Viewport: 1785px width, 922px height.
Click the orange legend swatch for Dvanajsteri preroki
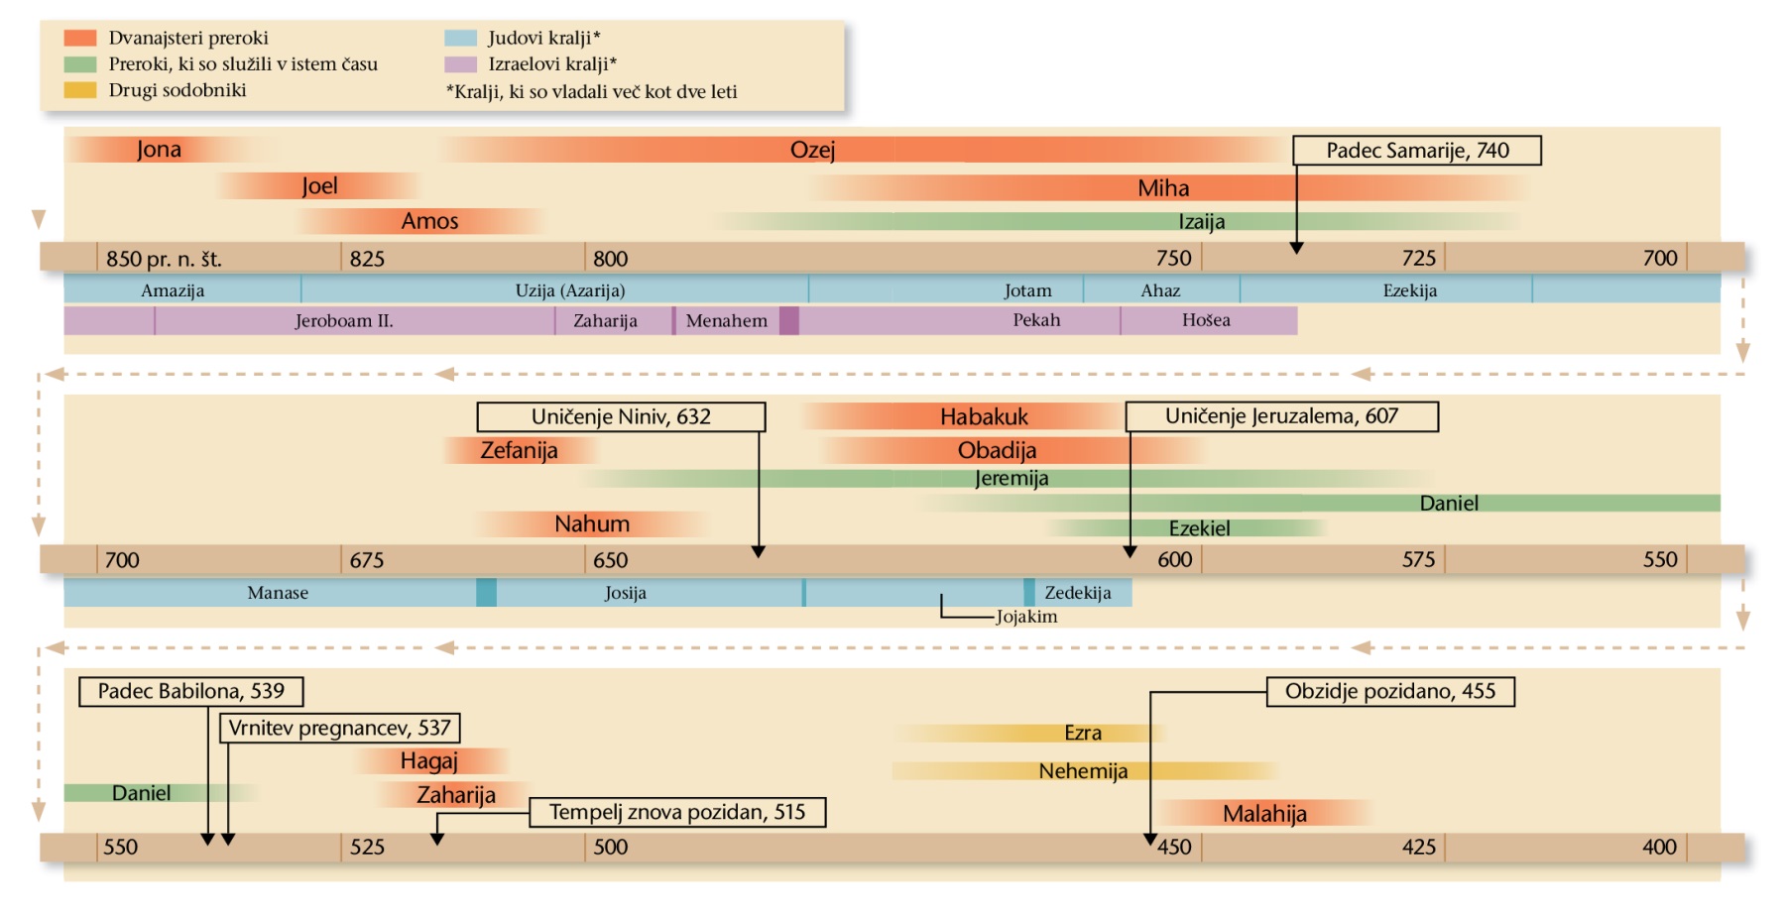[80, 38]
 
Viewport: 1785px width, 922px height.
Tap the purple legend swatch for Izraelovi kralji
[461, 64]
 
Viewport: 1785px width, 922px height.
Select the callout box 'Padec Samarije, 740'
[1416, 151]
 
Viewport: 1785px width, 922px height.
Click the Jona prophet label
[159, 150]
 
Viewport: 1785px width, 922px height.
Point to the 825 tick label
[367, 259]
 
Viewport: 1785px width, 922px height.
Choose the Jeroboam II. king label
[344, 321]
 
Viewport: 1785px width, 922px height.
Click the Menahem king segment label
[726, 321]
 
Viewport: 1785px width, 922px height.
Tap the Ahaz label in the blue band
[1160, 290]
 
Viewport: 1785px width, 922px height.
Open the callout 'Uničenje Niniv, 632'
[621, 416]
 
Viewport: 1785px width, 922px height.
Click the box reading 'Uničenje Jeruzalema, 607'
[1281, 416]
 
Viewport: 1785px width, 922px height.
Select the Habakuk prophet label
[984, 416]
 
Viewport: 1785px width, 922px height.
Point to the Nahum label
[592, 523]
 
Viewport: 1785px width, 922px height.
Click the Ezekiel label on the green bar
[1199, 528]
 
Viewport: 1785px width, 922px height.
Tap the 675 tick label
[367, 560]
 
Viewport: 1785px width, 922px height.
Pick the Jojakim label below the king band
[1026, 617]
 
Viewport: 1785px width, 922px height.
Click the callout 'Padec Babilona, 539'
[190, 691]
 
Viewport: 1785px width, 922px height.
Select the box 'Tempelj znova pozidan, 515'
[677, 812]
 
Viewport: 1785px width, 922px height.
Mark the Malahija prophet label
[1264, 814]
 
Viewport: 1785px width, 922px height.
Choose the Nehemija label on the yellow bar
[1083, 771]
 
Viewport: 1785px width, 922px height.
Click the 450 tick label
[1174, 848]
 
